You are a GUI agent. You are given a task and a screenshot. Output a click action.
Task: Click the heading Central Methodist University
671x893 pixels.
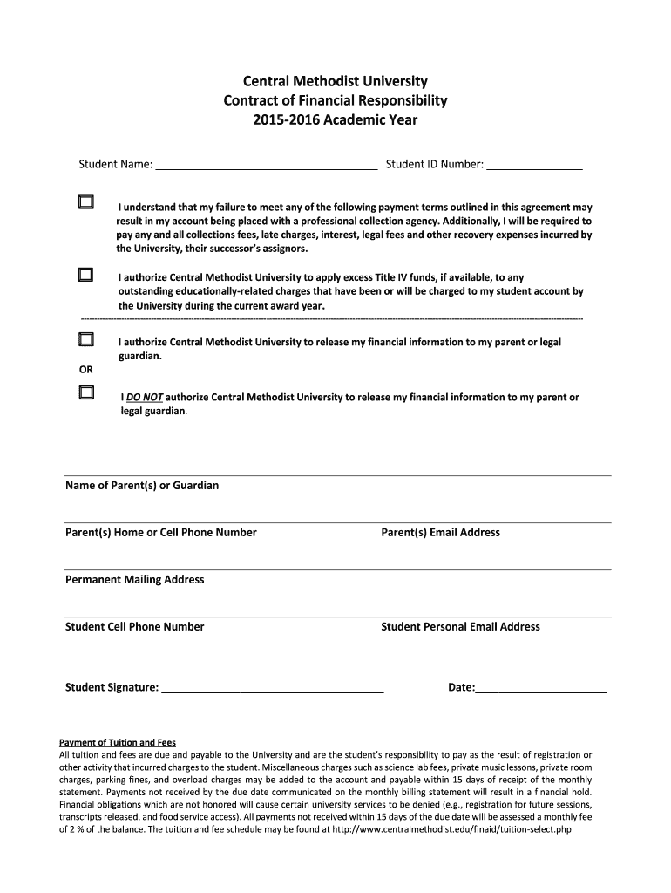click(335, 81)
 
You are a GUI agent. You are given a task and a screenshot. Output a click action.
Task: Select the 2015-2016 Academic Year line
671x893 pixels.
click(335, 119)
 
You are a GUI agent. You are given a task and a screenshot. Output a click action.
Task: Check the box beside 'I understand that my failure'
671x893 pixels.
click(85, 202)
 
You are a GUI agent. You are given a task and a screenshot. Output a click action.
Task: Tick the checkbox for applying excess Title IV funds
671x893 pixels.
click(85, 275)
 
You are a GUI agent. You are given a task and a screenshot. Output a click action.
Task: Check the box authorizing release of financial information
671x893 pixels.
click(85, 338)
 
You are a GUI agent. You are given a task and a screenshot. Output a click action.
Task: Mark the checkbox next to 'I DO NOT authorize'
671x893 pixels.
click(85, 392)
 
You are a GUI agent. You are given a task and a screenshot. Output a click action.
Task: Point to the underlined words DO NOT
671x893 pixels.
click(145, 397)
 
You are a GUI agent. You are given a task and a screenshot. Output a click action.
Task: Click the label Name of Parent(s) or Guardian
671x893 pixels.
click(142, 485)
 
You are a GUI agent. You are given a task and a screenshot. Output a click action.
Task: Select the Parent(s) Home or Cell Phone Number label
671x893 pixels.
click(161, 532)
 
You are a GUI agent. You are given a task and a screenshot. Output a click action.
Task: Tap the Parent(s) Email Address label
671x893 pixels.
click(440, 532)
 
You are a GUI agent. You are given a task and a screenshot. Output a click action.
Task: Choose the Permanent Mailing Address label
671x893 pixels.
click(135, 579)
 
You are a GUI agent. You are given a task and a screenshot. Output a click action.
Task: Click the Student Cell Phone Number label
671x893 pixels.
click(135, 626)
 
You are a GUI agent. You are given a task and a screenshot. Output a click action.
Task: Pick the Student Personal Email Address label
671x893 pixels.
click(460, 626)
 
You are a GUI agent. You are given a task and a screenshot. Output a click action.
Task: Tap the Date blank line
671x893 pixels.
click(541, 688)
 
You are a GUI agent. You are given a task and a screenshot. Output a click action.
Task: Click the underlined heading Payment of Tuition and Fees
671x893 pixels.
click(117, 743)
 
